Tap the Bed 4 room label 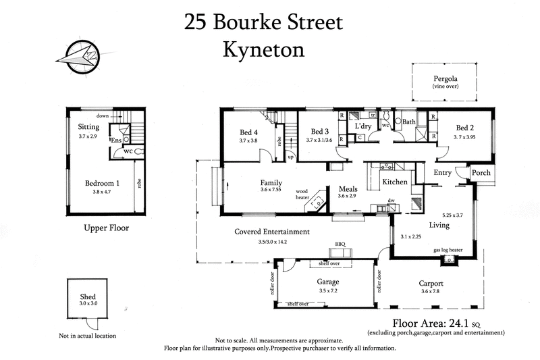pos(249,132)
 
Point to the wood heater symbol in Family pos(315,203)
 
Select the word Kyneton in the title pos(263,49)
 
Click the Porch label pos(481,172)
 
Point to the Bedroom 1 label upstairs pos(103,183)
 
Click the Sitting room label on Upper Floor pos(89,126)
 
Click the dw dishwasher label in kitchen pos(391,201)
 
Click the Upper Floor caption pos(106,228)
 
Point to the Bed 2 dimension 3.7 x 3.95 pos(466,137)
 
